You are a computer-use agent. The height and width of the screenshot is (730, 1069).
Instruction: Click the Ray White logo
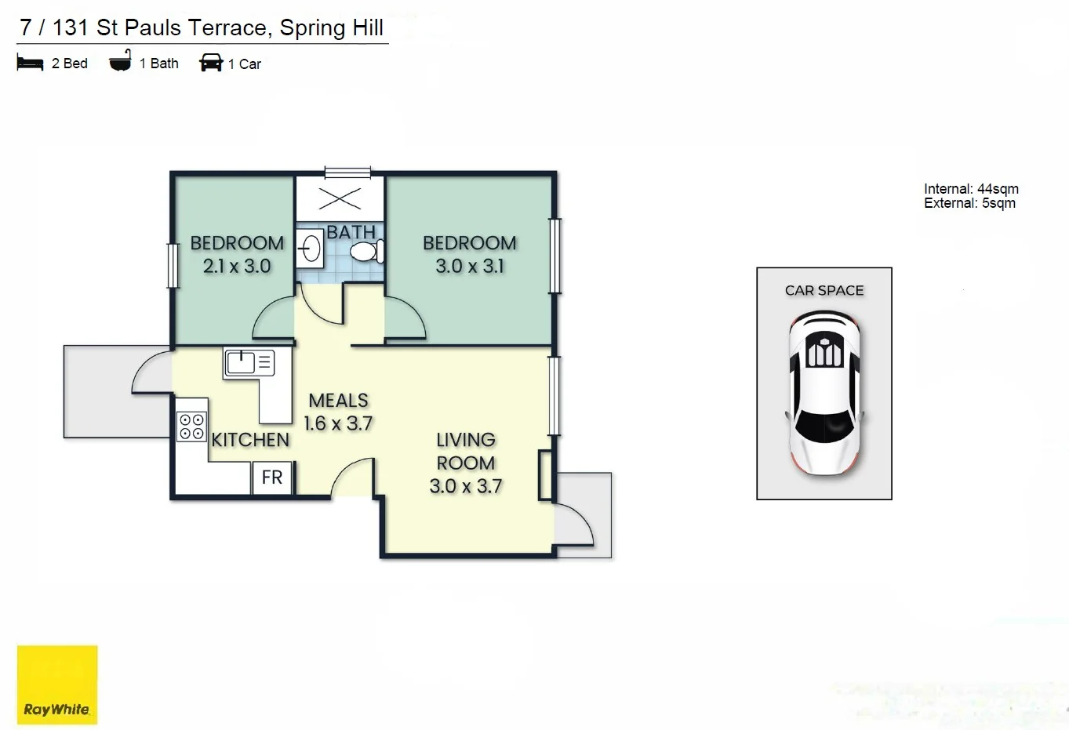(x=57, y=685)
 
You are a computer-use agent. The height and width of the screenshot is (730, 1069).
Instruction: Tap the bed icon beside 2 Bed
(x=30, y=64)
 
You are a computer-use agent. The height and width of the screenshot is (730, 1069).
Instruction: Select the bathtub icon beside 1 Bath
(x=120, y=62)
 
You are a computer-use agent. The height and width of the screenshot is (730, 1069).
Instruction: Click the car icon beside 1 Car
(x=211, y=63)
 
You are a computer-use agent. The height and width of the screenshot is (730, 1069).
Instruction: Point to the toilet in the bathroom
(x=366, y=252)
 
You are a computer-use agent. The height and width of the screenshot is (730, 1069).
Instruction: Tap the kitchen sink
(x=242, y=362)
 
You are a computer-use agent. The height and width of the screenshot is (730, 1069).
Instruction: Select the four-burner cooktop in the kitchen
(x=191, y=427)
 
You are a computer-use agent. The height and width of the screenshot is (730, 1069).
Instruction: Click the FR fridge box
(x=272, y=478)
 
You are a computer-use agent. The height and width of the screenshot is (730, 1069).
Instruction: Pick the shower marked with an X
(x=340, y=198)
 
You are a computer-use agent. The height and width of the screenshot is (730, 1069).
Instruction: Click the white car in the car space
(x=824, y=393)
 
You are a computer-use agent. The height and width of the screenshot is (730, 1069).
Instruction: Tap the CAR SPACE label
(x=824, y=290)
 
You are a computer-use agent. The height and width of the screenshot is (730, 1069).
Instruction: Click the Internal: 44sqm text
(x=971, y=189)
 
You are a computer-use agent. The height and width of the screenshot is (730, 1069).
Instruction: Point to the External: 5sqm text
(x=969, y=203)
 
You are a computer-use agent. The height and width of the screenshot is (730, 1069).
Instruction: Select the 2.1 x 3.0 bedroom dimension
(x=237, y=267)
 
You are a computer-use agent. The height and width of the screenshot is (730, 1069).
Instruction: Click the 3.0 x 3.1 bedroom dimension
(x=470, y=267)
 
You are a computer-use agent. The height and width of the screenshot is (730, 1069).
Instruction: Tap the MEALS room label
(x=338, y=401)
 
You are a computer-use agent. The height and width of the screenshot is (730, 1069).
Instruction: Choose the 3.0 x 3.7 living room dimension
(x=466, y=486)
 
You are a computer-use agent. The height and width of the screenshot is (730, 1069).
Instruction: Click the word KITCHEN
(x=250, y=440)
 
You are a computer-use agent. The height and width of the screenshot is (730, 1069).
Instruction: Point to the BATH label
(x=351, y=232)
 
